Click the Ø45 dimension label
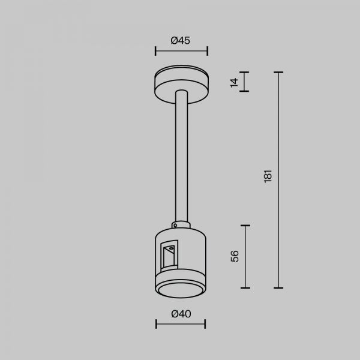tap(180, 41)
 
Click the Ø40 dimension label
tap(180, 313)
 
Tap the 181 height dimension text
tap(268, 176)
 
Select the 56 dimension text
tap(235, 256)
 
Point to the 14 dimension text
tap(235, 82)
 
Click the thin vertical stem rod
tap(181, 156)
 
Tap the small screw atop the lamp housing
tap(175, 226)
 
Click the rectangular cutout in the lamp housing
tap(169, 255)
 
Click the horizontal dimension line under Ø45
tap(181, 51)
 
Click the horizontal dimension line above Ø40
tap(181, 324)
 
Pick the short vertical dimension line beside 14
tap(245, 82)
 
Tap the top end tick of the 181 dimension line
tap(278, 73)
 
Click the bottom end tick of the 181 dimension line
tap(278, 288)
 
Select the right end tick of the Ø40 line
tap(205, 324)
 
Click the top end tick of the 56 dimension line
tap(245, 225)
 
